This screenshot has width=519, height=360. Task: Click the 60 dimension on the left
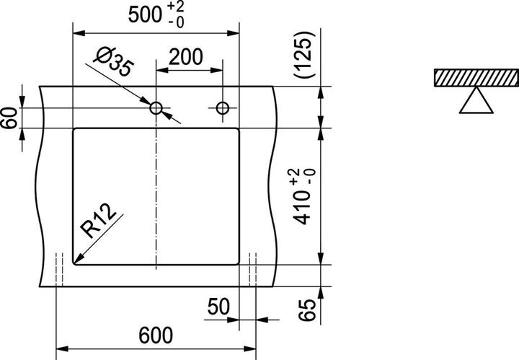pos(9,118)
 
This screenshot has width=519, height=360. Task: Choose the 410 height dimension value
pos(307,214)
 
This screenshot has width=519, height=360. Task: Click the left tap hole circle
pos(156,108)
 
